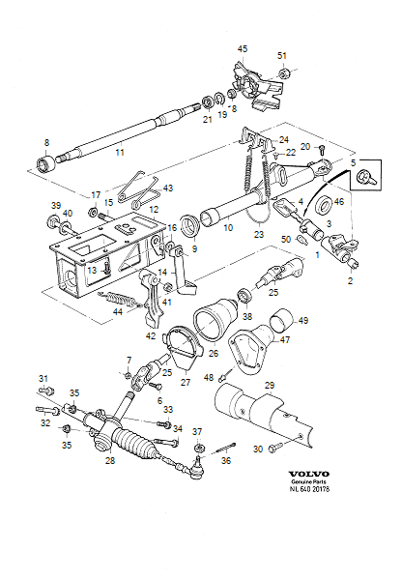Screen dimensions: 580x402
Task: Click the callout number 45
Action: [x=243, y=48]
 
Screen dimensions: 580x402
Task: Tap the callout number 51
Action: [x=282, y=55]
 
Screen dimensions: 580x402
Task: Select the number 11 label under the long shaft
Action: [x=119, y=153]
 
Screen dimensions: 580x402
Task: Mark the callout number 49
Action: [x=302, y=320]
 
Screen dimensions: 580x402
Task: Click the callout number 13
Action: [x=91, y=271]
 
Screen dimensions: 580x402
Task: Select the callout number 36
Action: [x=225, y=460]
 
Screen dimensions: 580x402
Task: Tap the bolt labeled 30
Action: [x=277, y=447]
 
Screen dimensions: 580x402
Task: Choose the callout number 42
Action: [x=150, y=336]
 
